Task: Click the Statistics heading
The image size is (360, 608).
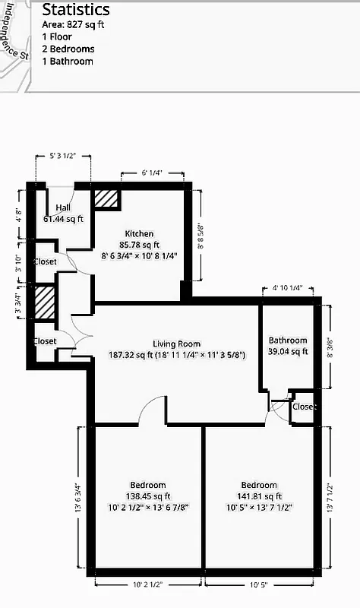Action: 75,10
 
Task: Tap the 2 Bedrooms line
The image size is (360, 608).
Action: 68,49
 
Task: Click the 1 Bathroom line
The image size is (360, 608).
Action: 68,61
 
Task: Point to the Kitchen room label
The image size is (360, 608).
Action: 139,233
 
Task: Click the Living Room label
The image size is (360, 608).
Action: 176,344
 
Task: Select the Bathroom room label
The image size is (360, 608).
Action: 288,340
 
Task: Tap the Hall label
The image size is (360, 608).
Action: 63,208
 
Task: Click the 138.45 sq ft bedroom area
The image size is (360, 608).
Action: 147,496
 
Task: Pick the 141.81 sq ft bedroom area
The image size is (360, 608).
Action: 259,496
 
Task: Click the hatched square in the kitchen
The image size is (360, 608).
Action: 106,198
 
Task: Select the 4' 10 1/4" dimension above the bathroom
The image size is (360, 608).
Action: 287,288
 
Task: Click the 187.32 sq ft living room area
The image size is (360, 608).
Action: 176,355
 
